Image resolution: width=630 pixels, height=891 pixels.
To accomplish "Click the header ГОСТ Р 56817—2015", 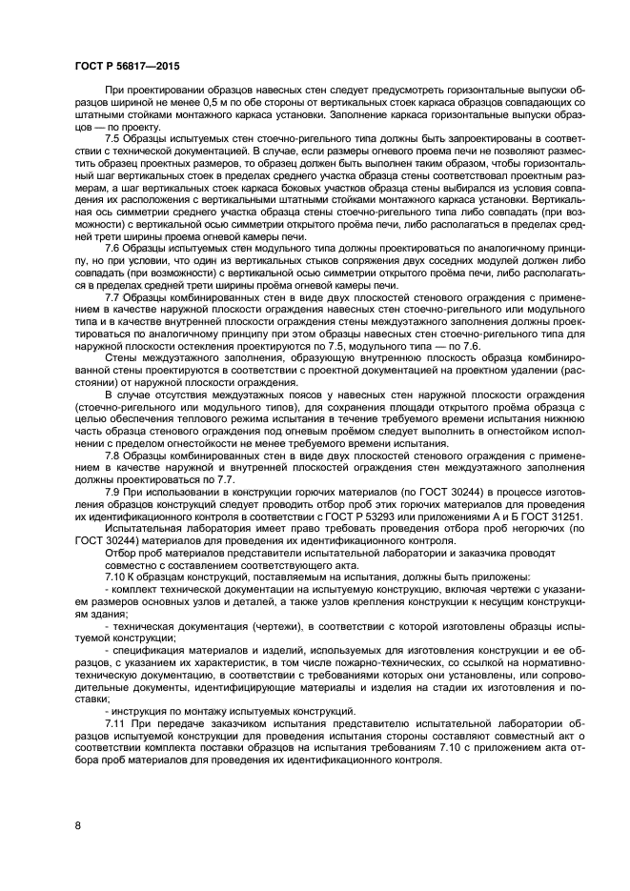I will (127, 66).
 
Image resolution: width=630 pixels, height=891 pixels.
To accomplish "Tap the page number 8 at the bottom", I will (77, 822).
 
